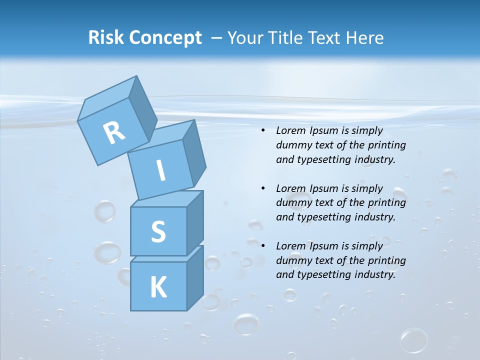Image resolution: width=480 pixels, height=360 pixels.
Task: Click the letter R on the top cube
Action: pyautogui.click(x=114, y=132)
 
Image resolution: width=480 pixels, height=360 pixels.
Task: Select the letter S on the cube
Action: pyautogui.click(x=158, y=232)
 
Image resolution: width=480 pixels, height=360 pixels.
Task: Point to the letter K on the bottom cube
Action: pyautogui.click(x=158, y=287)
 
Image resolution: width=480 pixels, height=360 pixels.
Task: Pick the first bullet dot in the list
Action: pyautogui.click(x=263, y=131)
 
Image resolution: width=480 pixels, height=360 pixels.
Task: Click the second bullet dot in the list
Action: pyautogui.click(x=263, y=188)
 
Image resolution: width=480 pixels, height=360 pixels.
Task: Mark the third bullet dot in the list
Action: pyautogui.click(x=263, y=246)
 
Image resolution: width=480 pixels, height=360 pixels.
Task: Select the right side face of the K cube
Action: pyautogui.click(x=195, y=278)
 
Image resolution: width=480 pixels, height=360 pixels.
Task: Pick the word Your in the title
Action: pyautogui.click(x=245, y=37)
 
